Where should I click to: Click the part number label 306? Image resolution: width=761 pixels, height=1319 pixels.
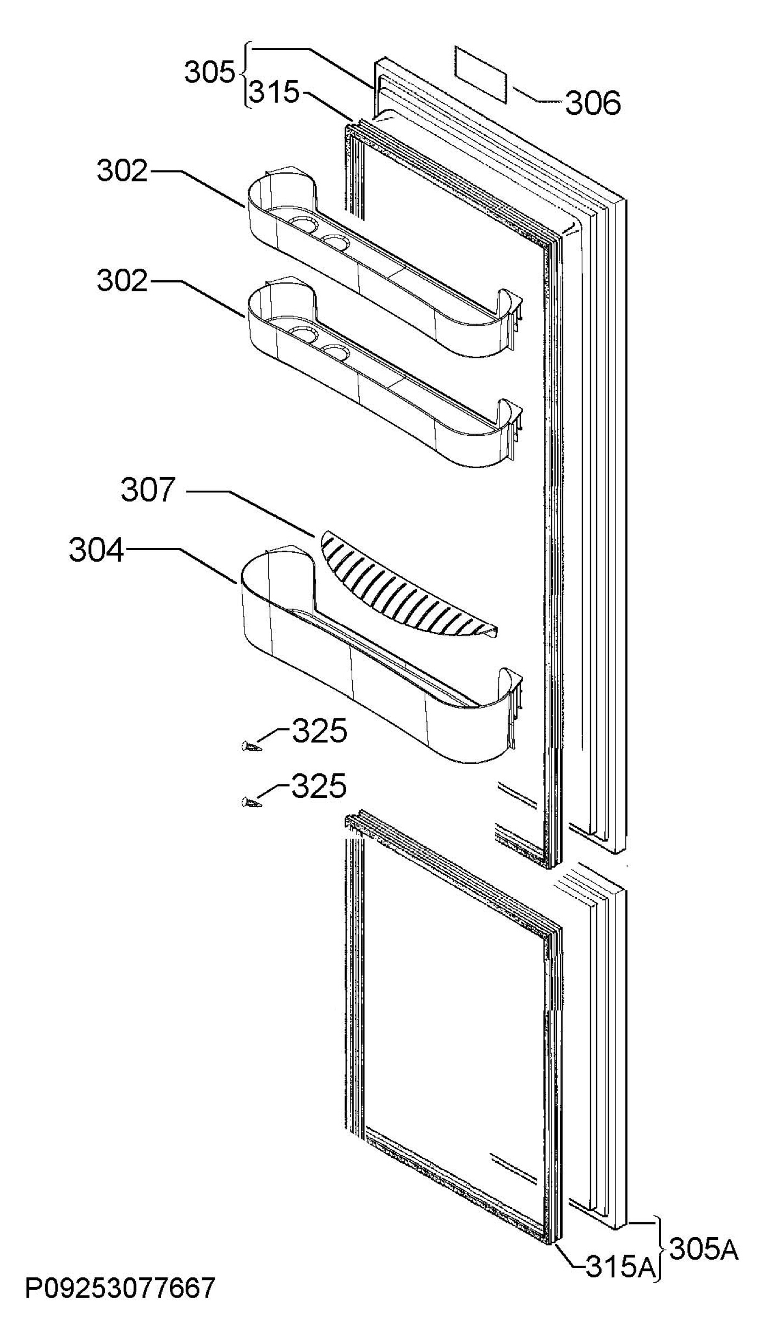pos(593,103)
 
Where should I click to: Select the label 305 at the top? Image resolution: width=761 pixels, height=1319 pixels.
pos(209,73)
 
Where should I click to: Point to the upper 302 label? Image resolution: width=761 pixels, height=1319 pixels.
pos(123,171)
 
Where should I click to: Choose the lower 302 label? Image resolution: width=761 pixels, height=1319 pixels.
pos(123,281)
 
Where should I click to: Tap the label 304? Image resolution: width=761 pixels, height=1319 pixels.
pos(97,551)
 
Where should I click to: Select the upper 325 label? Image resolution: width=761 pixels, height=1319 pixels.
pos(319,731)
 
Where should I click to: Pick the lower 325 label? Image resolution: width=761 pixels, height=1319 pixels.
pos(319,786)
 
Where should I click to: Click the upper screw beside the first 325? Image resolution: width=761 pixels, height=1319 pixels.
pos(251,746)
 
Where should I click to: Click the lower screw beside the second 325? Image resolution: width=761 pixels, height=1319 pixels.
pos(251,803)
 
